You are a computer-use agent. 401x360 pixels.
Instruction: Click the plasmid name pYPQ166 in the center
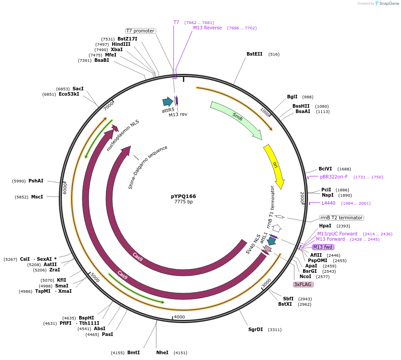point(183,196)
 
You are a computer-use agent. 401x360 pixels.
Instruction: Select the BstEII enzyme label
point(255,54)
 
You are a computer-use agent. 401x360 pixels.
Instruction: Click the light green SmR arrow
point(237,118)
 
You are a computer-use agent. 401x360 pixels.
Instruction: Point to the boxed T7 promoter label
point(140,31)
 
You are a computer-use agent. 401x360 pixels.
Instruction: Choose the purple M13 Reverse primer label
point(207,28)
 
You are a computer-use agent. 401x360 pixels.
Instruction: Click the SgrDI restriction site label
point(255,330)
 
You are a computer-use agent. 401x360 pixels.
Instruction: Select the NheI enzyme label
point(162,353)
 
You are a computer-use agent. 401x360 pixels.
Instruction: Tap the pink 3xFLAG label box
point(303,284)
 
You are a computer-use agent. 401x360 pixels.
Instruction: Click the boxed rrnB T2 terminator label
point(341,218)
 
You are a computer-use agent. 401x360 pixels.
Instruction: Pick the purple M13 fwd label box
point(323,247)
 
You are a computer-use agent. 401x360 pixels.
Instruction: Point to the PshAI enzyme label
point(36,181)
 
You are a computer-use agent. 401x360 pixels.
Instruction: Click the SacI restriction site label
point(78,89)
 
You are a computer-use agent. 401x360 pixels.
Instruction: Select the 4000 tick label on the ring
point(179,317)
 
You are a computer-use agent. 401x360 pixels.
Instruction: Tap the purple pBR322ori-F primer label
point(334,177)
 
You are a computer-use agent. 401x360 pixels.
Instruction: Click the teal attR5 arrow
point(167,102)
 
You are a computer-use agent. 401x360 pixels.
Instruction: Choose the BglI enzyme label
point(292,97)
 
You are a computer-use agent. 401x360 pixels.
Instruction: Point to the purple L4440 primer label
point(328,203)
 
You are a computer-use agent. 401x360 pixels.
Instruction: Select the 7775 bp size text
point(183,202)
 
